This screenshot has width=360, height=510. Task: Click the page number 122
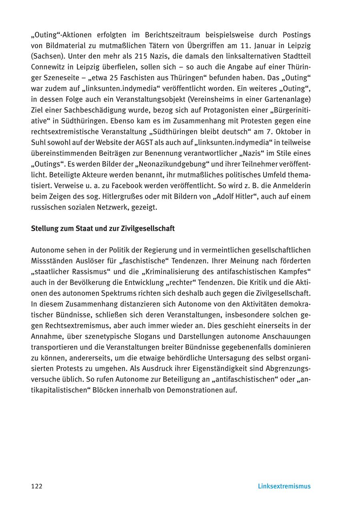click(37, 486)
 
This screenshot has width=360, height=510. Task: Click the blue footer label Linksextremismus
click(284, 486)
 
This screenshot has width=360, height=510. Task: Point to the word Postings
click(296, 35)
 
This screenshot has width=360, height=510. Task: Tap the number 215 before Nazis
click(108, 56)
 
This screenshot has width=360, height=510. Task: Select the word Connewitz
click(49, 67)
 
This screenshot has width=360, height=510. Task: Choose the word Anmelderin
click(290, 186)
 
